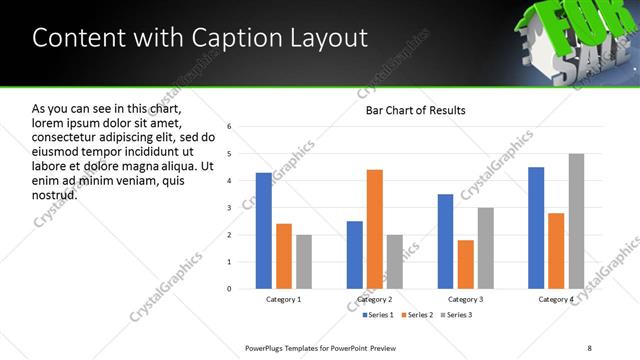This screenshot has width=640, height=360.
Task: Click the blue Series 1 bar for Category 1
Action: pyautogui.click(x=263, y=231)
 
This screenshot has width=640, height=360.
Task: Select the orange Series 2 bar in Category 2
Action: pyautogui.click(x=375, y=229)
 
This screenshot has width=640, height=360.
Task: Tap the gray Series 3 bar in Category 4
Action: pyautogui.click(x=576, y=221)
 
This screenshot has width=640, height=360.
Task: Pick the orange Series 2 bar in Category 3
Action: pyautogui.click(x=465, y=264)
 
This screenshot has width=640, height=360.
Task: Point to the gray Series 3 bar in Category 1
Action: pyautogui.click(x=303, y=262)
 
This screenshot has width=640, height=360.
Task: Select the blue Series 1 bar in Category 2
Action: pyautogui.click(x=355, y=255)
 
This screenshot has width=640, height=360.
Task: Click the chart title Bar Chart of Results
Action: pyautogui.click(x=415, y=110)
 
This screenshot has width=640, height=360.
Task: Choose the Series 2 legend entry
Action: pyautogui.click(x=415, y=315)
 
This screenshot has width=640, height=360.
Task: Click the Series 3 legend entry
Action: pyautogui.click(x=457, y=315)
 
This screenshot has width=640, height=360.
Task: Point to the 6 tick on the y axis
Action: pyautogui.click(x=230, y=127)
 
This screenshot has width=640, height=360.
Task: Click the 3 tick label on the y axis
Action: pyautogui.click(x=230, y=208)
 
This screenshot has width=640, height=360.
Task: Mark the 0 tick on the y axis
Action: pyautogui.click(x=230, y=289)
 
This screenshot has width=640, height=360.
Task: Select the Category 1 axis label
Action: pyautogui.click(x=283, y=300)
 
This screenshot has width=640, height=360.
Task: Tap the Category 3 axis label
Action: pyautogui.click(x=465, y=300)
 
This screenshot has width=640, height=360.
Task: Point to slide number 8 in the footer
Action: pyautogui.click(x=589, y=347)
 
